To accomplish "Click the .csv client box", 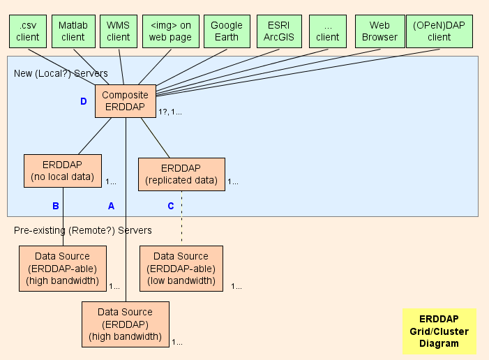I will [27, 31].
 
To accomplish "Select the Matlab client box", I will [73, 31].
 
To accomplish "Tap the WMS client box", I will [118, 31].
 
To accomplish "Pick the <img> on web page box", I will [170, 31].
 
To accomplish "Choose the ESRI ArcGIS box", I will [278, 31].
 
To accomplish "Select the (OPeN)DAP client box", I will [439, 31].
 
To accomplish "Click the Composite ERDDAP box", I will [125, 100].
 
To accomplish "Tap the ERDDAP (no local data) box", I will [62, 171].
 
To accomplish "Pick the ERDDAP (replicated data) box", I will [181, 174].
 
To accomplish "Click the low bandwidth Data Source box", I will [181, 268].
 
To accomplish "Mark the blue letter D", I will [84, 102].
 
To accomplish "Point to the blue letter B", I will [56, 206].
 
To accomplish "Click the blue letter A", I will [110, 206].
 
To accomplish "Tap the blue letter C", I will [170, 206].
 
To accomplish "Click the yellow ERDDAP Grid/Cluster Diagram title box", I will [439, 331].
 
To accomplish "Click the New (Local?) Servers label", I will [61, 73].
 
